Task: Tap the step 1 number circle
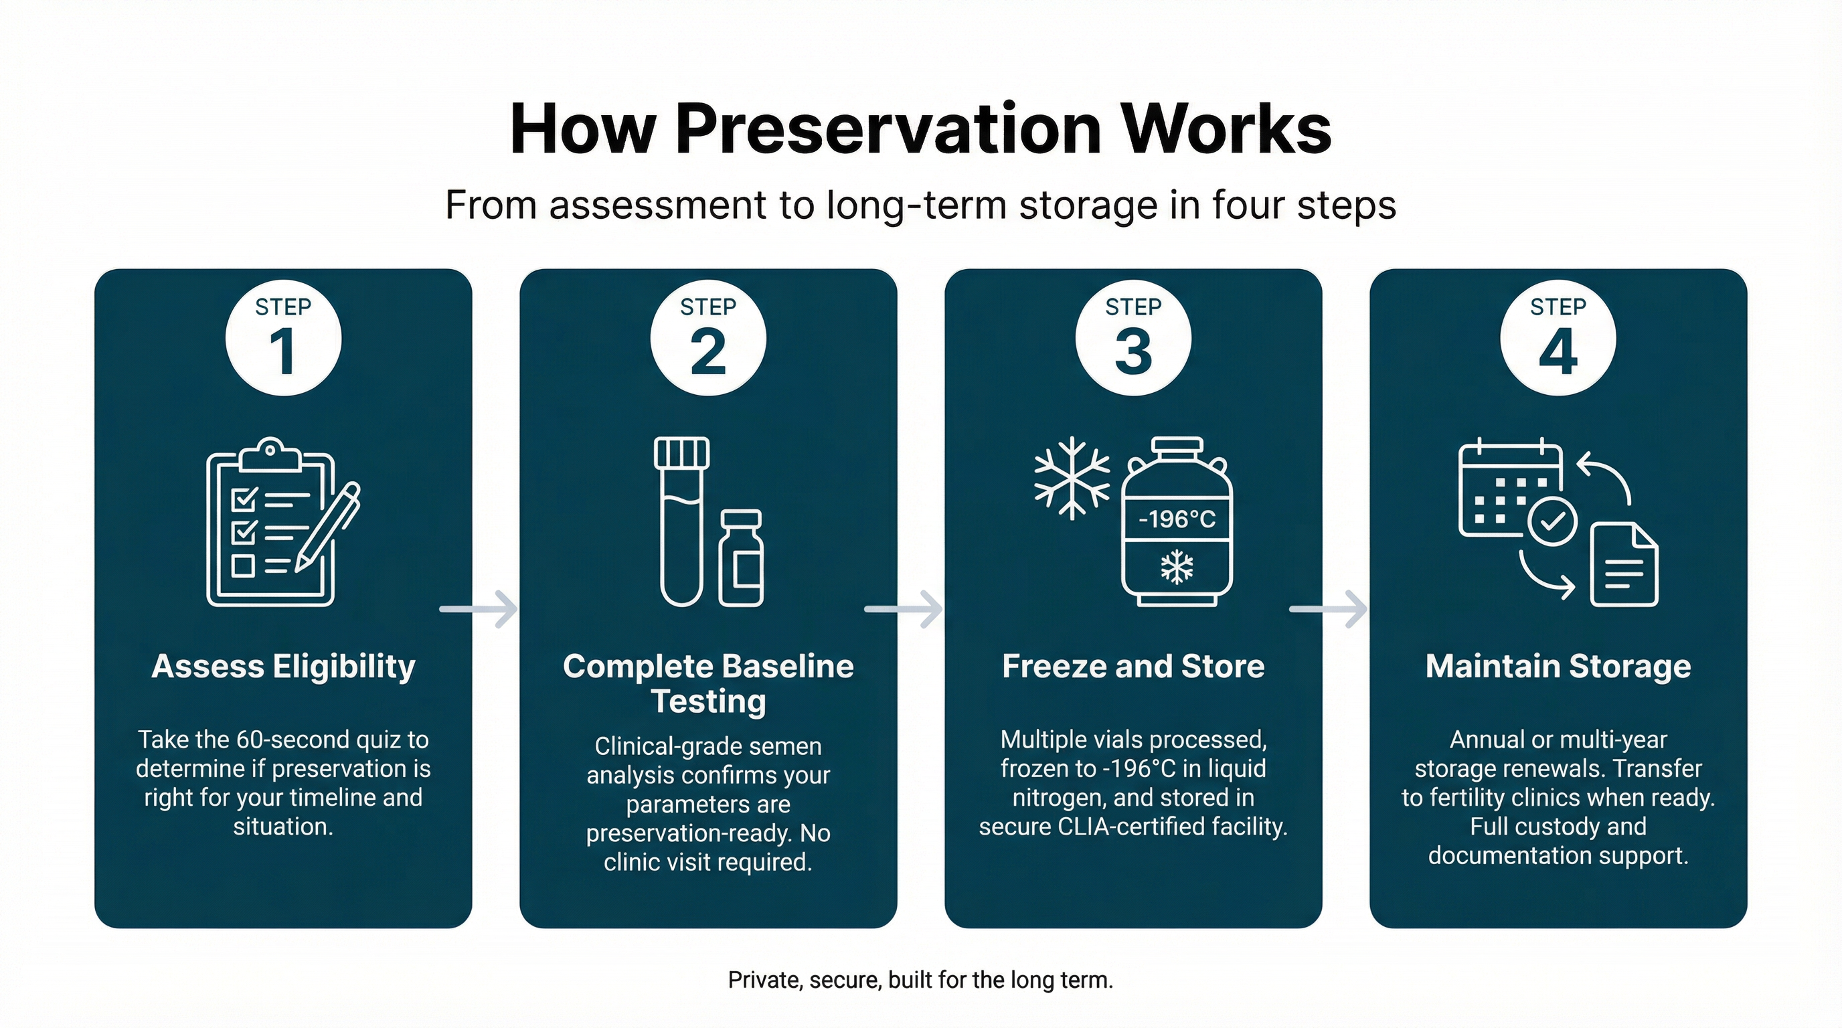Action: coord(283,337)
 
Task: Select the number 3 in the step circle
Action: coord(1133,352)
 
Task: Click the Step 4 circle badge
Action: coord(1558,337)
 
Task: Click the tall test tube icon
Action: coord(681,521)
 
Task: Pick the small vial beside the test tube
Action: coord(742,558)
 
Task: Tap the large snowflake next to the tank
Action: coord(1072,479)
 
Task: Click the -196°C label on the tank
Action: coord(1177,519)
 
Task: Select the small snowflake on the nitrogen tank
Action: coord(1177,568)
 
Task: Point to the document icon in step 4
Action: coord(1624,565)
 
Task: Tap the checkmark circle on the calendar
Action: coord(1552,521)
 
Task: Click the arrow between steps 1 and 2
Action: coord(479,609)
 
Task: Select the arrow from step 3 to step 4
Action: coord(1329,609)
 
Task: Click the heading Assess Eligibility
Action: coord(283,667)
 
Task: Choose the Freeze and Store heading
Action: coord(1133,667)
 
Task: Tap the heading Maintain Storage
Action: coord(1558,667)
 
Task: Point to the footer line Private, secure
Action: coord(920,979)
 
